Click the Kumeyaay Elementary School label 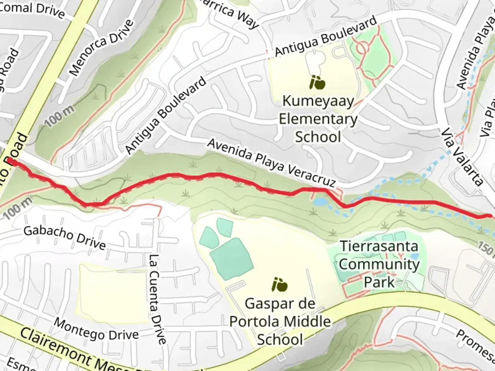[x=318, y=119]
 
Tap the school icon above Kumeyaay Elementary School [x=317, y=82]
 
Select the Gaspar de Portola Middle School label [x=280, y=322]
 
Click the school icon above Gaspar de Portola [x=279, y=284]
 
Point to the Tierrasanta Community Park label [x=379, y=264]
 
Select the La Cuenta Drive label [x=158, y=299]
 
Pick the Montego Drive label [x=96, y=329]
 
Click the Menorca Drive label [x=101, y=47]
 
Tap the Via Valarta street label [x=462, y=157]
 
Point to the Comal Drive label [x=33, y=9]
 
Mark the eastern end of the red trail [x=489, y=216]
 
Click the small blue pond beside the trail [x=320, y=202]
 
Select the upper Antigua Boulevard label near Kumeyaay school [x=326, y=36]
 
